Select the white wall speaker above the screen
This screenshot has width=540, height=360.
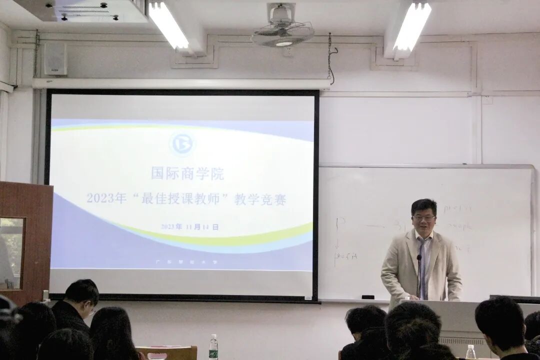55,58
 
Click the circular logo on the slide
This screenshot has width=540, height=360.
181,144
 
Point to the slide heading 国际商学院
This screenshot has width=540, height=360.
187,174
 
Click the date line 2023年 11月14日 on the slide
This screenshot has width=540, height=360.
190,226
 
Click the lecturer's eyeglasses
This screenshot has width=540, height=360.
424,218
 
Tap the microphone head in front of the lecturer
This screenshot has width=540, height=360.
419,258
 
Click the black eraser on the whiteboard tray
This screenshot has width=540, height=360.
368,297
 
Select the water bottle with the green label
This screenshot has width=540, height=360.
213,346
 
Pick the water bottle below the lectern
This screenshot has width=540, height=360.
470,352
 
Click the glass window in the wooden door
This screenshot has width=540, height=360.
11,253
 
